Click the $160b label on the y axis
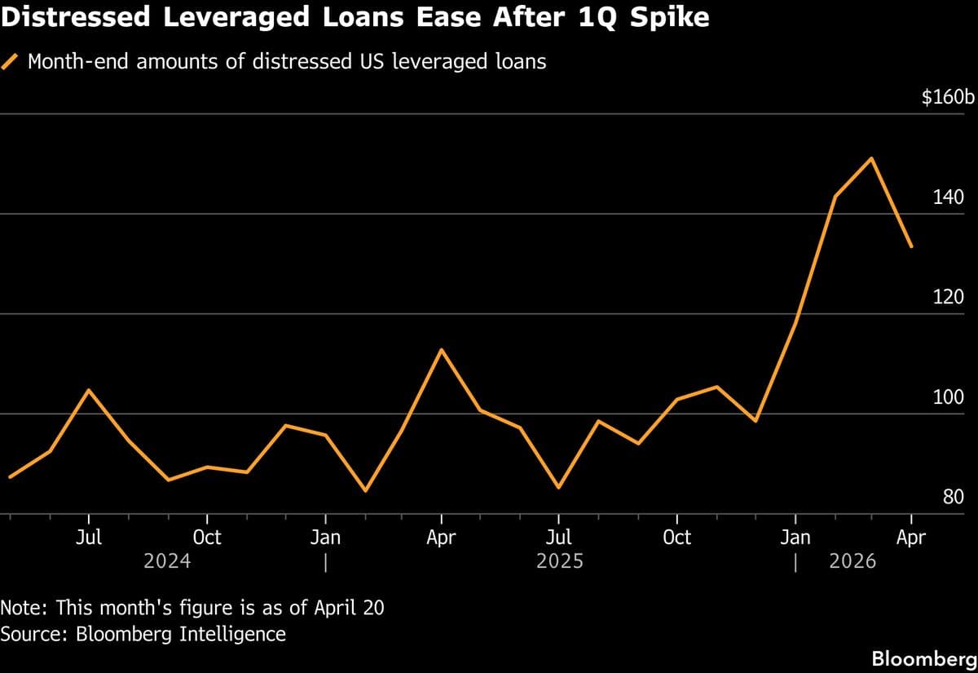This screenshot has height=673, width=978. [948, 98]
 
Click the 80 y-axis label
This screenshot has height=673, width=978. [954, 497]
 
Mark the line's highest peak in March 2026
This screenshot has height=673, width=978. [872, 158]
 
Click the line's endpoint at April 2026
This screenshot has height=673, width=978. [911, 246]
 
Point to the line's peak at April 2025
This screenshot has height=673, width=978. [441, 349]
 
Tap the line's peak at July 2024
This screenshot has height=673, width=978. [89, 390]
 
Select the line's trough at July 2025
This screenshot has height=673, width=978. [558, 488]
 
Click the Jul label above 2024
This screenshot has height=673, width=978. [89, 538]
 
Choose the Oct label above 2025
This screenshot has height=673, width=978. [676, 538]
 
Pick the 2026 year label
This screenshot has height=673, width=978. [852, 561]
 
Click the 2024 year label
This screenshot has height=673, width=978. [167, 561]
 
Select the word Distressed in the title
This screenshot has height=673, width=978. [77, 18]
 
